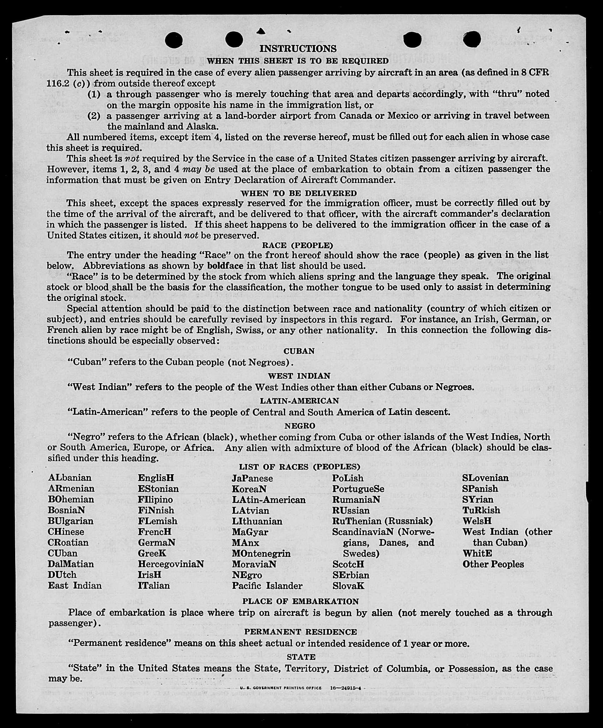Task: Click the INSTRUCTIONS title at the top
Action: [298, 48]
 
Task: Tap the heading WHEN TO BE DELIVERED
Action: [299, 193]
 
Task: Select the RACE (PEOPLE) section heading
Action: [297, 245]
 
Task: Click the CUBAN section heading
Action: [299, 351]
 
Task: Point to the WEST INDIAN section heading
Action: [299, 376]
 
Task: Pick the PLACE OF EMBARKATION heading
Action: [300, 601]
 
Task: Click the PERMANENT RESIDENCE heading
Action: [300, 632]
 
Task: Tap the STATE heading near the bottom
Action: [301, 657]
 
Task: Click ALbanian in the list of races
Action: [70, 478]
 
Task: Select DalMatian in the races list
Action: [71, 564]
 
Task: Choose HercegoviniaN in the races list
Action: [171, 564]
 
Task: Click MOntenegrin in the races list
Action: [261, 553]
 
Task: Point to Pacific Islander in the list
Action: [267, 586]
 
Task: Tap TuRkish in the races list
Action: [481, 510]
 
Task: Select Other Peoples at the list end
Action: [493, 564]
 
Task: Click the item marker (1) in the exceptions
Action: [94, 94]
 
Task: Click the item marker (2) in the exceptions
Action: [94, 116]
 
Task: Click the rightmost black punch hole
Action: [472, 39]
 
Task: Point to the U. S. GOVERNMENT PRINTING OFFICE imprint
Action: [281, 688]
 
